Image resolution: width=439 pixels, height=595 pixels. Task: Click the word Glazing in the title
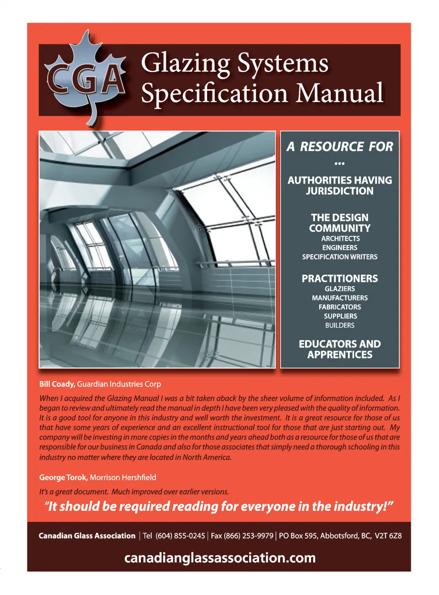185,63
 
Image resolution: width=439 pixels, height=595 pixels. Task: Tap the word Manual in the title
339,93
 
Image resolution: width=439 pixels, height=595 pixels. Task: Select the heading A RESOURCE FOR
340,147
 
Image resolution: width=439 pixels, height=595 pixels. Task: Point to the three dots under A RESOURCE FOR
339,163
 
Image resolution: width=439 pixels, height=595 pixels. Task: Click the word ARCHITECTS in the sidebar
340,239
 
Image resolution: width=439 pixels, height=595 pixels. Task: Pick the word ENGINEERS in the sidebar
340,248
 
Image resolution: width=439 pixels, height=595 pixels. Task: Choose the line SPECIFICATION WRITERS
340,257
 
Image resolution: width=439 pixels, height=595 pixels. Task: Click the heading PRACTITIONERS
340,278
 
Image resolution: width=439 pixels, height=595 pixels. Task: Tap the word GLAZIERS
340,289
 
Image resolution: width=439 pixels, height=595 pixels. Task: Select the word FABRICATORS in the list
340,307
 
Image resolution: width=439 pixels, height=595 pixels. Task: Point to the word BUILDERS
340,325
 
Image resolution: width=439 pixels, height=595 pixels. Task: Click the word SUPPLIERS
340,316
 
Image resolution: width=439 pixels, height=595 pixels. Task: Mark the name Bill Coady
57,384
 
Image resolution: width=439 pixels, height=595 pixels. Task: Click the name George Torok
63,478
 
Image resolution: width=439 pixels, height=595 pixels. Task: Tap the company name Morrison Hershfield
123,478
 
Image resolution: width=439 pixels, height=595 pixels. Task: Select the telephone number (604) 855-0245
180,536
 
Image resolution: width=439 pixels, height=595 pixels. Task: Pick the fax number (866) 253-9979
248,536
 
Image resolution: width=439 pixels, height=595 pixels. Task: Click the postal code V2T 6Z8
388,536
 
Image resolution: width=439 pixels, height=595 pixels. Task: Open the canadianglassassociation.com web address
219,558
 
